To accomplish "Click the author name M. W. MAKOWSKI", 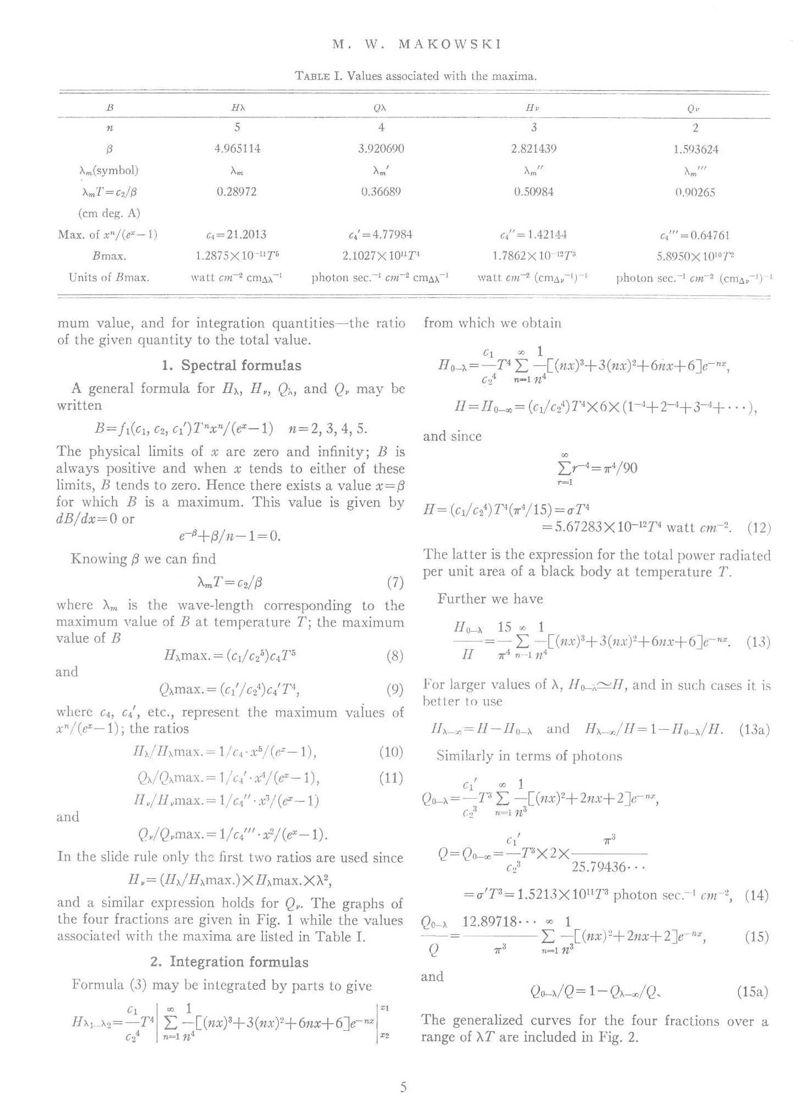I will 417,45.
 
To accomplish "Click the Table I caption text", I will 416,76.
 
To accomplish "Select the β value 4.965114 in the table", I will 237,149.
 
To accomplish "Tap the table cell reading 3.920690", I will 381,149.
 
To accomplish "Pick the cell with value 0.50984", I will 533,192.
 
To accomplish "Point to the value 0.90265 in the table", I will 695,192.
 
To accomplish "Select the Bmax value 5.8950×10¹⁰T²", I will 695,256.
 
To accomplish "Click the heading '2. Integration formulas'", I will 229,962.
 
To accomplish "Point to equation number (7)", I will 395,582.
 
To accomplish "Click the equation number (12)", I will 759,527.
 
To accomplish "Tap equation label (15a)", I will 752,992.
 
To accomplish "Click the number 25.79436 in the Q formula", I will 606,867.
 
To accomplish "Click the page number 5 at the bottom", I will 403,1087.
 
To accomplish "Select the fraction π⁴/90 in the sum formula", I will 616,468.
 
